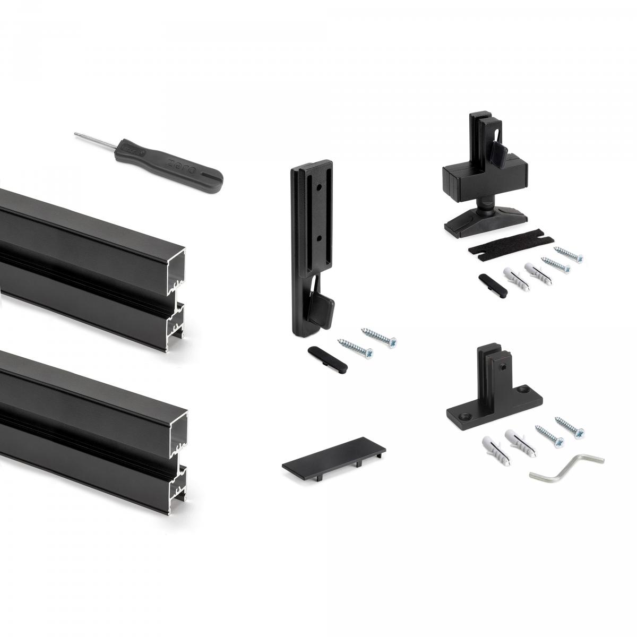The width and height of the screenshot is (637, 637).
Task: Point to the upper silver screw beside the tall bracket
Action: click(380, 335)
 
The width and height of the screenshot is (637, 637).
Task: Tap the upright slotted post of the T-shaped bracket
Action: click(492, 367)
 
